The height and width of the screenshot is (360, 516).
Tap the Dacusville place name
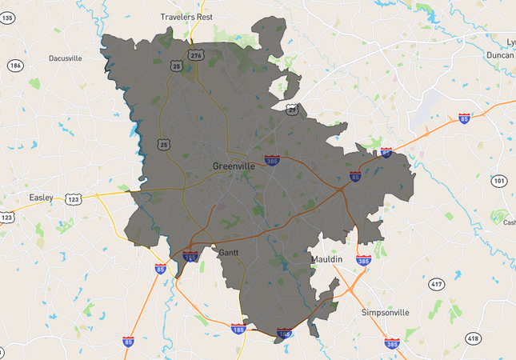[x=66, y=58]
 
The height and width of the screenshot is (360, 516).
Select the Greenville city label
[x=234, y=166]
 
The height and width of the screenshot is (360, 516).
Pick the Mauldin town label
[x=326, y=260]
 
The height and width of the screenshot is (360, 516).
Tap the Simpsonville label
[x=386, y=312]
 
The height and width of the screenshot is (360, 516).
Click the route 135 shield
[x=8, y=18]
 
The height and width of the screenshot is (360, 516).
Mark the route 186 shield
[x=15, y=65]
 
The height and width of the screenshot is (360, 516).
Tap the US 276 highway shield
[x=196, y=54]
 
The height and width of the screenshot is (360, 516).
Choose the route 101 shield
[x=498, y=181]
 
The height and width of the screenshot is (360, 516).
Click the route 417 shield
[x=436, y=284]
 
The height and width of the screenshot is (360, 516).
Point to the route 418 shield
[x=473, y=339]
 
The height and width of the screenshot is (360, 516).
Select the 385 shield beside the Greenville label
[x=273, y=161]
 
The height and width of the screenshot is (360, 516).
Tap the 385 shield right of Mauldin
[x=363, y=261]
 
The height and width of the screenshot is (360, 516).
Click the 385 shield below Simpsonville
[x=392, y=343]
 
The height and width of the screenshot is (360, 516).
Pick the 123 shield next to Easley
[x=74, y=198]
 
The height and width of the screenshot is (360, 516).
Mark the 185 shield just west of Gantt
[x=190, y=258]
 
